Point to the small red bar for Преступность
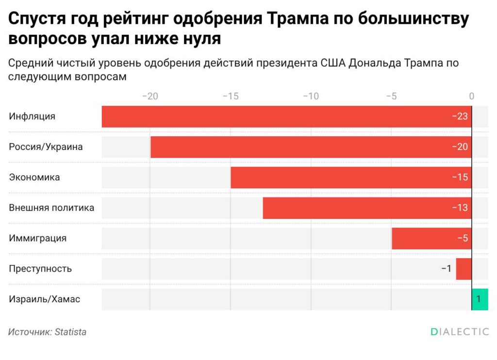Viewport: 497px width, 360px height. point(464,269)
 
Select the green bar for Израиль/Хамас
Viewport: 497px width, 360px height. point(480,299)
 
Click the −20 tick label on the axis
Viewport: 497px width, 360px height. point(150,96)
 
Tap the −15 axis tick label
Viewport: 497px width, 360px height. point(231,96)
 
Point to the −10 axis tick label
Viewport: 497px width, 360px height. point(311,96)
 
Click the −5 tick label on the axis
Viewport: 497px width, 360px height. point(391,96)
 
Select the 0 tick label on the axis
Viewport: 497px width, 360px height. point(471,96)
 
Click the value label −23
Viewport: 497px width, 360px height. point(460,116)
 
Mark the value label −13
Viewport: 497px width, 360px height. point(460,208)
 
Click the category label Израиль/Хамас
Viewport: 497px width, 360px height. point(45,299)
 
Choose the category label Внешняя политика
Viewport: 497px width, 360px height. point(51,208)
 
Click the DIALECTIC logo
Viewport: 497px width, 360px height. point(460,332)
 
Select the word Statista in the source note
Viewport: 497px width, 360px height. point(70,332)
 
